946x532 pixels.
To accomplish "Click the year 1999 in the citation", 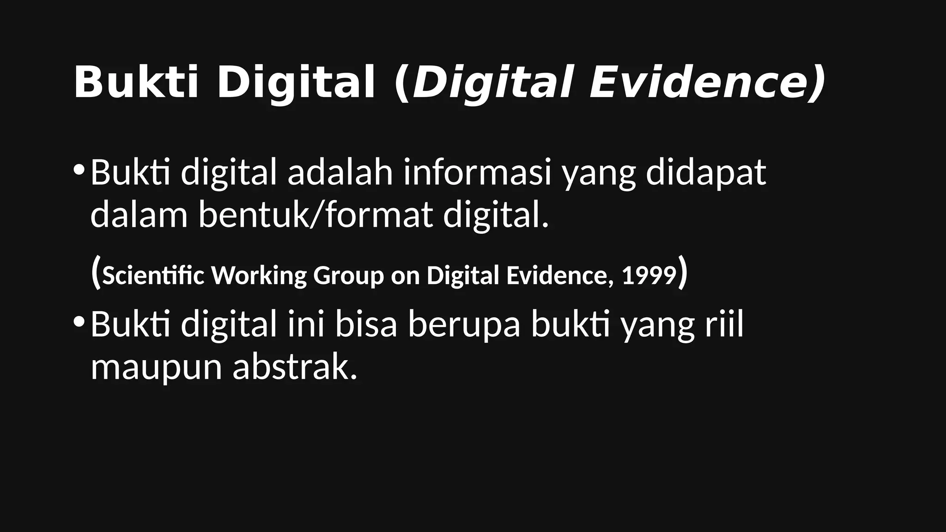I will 649,276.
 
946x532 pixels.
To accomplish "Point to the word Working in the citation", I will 259,276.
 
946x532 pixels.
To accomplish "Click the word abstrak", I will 295,369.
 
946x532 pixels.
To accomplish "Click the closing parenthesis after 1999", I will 683,274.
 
